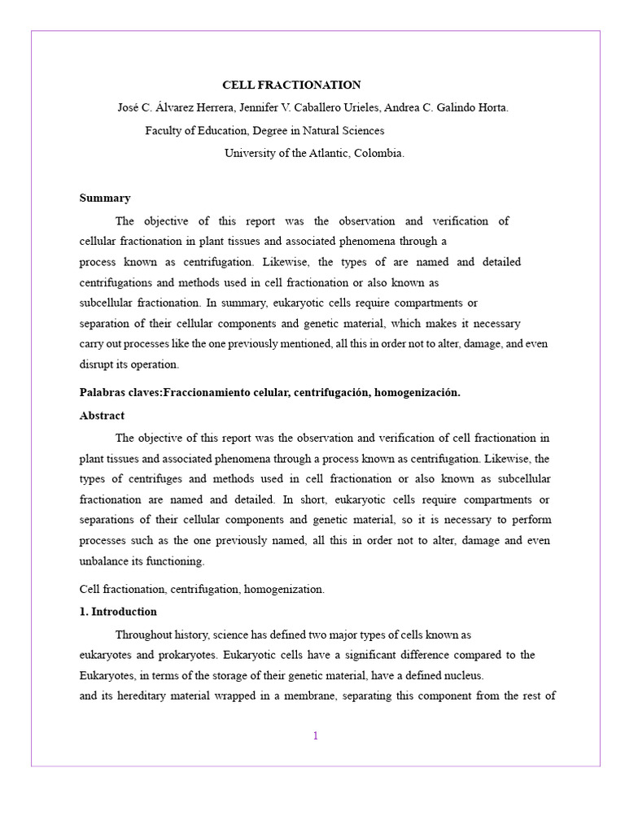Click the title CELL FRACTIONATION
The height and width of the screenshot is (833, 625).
(x=291, y=85)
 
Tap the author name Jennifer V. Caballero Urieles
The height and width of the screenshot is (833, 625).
(x=314, y=107)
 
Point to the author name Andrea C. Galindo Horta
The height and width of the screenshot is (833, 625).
(x=452, y=107)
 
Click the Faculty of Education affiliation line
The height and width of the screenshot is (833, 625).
(x=264, y=130)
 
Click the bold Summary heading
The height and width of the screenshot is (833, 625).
(x=105, y=198)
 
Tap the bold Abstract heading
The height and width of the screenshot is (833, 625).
(x=102, y=415)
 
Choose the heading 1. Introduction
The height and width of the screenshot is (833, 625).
(x=118, y=611)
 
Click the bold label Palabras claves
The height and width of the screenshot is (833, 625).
(x=120, y=392)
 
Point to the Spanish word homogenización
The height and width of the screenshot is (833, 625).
(x=417, y=392)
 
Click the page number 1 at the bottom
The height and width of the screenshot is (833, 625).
(x=316, y=736)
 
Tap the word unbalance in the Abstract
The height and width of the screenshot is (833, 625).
(x=106, y=561)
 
